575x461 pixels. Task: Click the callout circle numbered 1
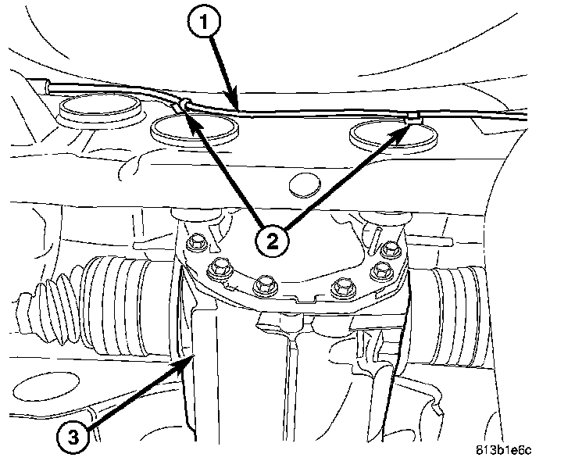tap(204, 22)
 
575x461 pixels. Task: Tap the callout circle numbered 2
tap(272, 241)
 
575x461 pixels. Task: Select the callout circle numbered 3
tap(73, 437)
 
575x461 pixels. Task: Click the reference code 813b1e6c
tap(503, 450)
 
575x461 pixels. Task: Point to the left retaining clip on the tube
tap(182, 105)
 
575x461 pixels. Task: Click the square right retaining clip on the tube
tap(413, 117)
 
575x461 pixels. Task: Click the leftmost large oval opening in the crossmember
tap(100, 108)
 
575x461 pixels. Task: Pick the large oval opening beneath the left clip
tap(195, 130)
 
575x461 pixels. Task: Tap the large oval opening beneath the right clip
tap(394, 135)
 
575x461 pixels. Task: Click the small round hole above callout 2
tap(305, 184)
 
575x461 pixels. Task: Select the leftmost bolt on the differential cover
tap(196, 243)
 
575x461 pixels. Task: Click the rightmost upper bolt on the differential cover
tap(389, 250)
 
